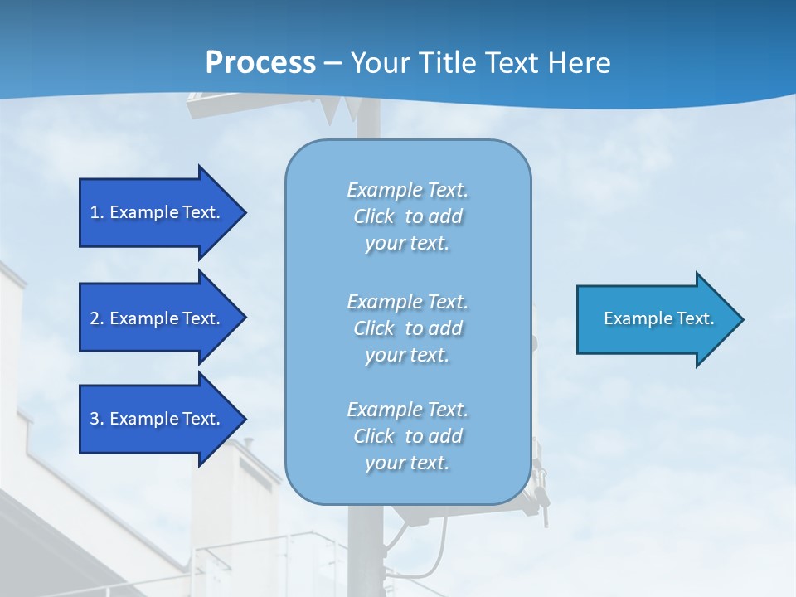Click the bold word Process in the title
(260, 63)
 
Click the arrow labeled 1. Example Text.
(158, 212)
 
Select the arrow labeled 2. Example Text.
(158, 318)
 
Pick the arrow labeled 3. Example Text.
(158, 419)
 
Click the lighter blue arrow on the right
(655, 319)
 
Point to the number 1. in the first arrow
(97, 212)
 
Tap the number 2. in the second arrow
(97, 318)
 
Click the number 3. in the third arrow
(97, 419)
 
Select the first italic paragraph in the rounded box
(407, 216)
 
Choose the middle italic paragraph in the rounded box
(407, 328)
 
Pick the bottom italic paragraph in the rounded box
(407, 436)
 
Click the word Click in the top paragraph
(373, 216)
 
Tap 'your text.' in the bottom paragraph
(407, 463)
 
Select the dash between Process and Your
(332, 63)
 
